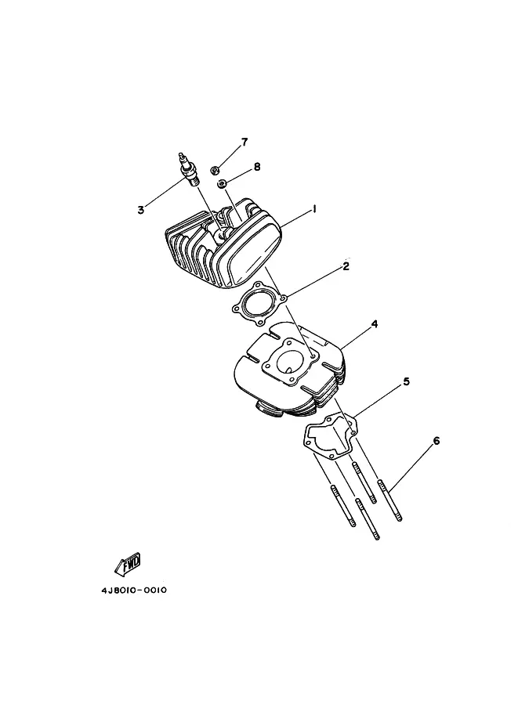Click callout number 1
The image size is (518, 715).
tap(313, 209)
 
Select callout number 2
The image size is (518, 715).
tap(346, 266)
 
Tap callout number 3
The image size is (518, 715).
tap(140, 209)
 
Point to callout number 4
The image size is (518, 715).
tap(375, 323)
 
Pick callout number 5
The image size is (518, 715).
tap(406, 382)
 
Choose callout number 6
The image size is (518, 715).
tap(436, 441)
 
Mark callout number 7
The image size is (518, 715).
tap(244, 142)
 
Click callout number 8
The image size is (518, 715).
tap(256, 167)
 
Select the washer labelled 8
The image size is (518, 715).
tap(223, 182)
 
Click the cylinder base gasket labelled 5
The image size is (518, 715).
tap(328, 435)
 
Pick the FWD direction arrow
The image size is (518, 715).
tap(128, 563)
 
